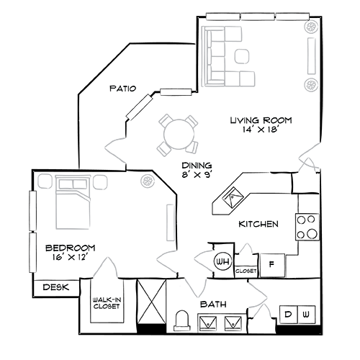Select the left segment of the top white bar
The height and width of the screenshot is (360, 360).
[224, 15]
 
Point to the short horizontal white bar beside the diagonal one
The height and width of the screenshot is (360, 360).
[175, 91]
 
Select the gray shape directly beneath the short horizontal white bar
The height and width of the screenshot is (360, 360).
[176, 130]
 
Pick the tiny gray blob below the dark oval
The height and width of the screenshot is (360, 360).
[248, 245]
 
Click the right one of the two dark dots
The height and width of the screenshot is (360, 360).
[306, 314]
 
